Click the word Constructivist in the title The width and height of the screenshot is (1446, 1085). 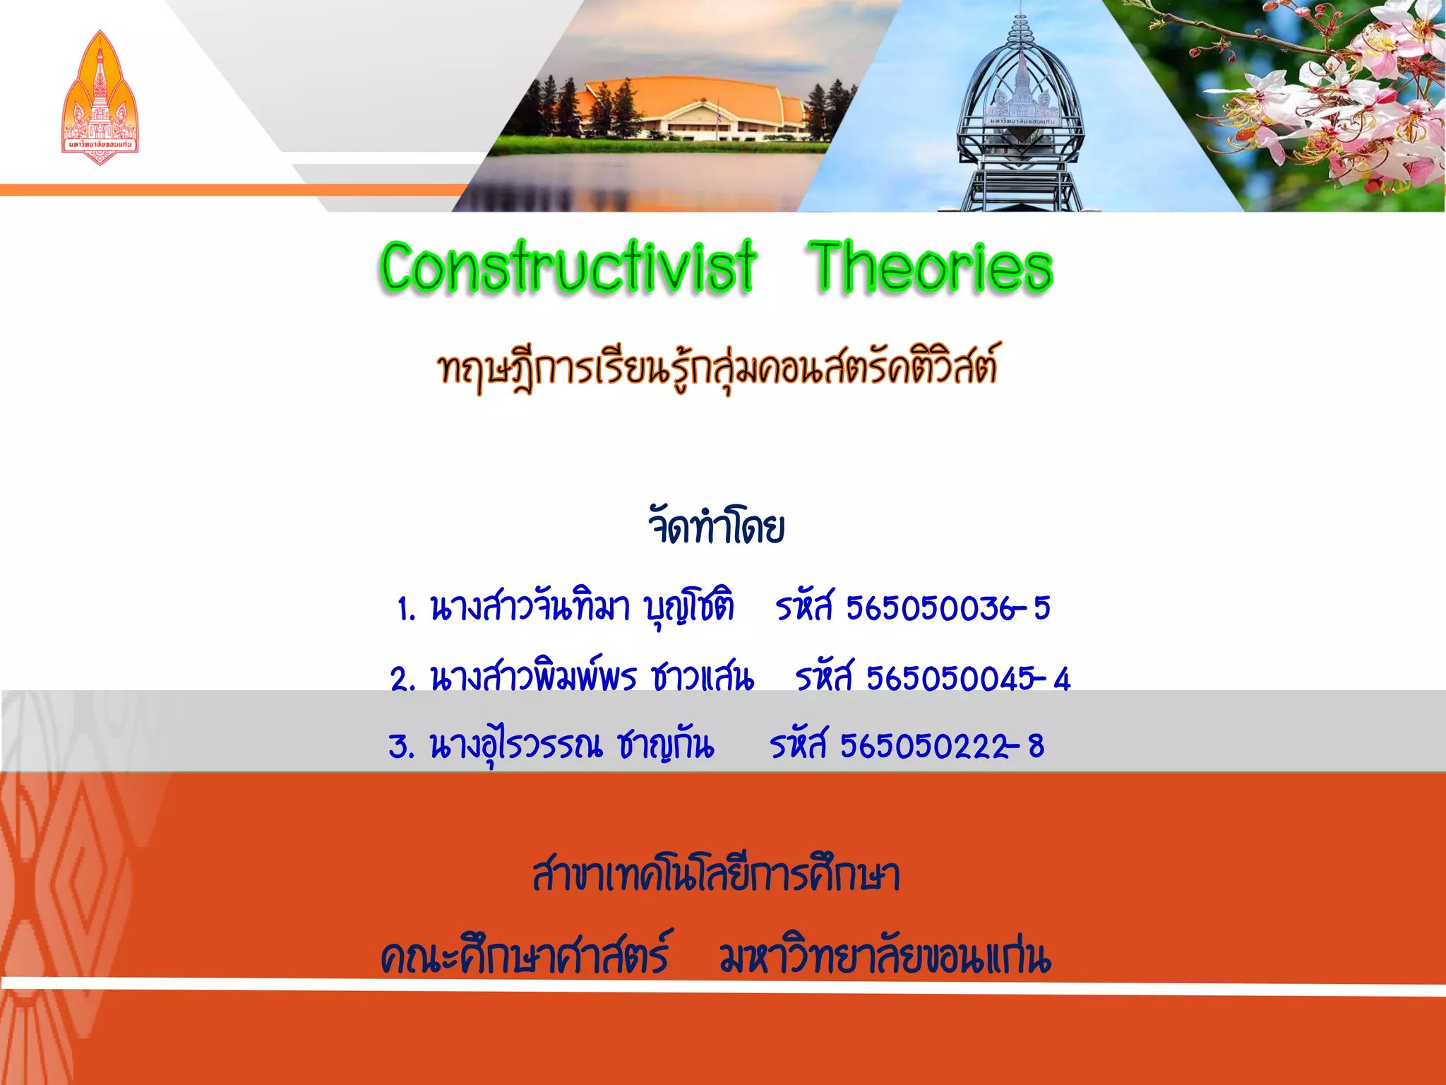(x=568, y=267)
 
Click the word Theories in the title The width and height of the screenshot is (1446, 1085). (x=931, y=267)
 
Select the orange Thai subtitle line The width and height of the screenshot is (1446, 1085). (x=717, y=367)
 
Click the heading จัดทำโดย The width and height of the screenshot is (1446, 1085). (x=716, y=526)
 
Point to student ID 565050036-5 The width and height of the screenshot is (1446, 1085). (x=948, y=607)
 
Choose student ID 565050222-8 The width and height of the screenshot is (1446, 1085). (x=942, y=745)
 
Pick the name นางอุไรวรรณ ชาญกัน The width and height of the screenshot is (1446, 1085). (x=572, y=745)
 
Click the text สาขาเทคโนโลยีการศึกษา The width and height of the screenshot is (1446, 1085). (x=716, y=876)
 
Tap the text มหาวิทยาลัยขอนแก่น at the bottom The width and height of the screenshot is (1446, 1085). (x=885, y=957)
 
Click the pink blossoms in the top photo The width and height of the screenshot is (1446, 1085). (x=1342, y=106)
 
